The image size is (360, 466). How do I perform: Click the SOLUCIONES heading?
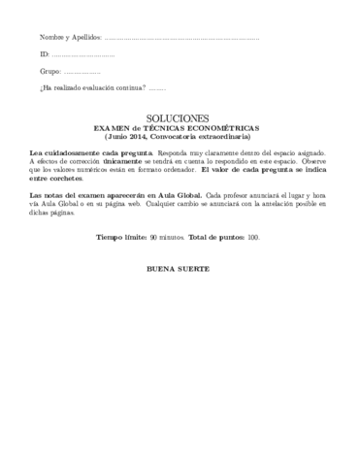click(x=180, y=116)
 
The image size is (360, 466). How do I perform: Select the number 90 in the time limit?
click(x=155, y=237)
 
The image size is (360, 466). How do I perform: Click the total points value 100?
click(x=254, y=237)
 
